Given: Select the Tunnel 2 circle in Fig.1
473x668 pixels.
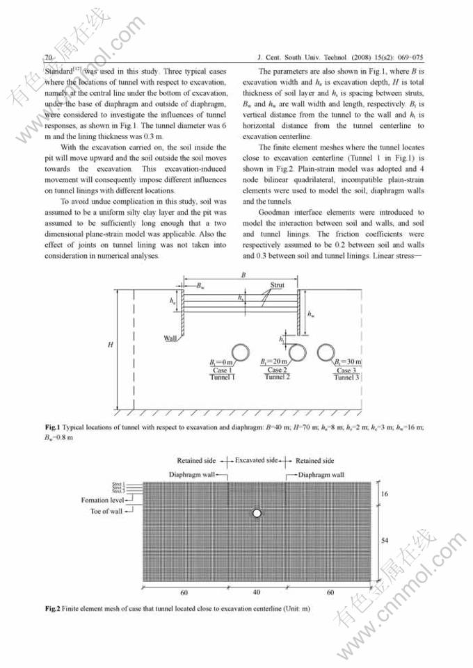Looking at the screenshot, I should [298, 351].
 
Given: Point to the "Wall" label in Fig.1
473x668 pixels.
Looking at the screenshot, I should [170, 338].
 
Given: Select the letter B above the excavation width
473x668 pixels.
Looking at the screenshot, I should [242, 275].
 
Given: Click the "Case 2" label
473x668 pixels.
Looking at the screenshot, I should [275, 370].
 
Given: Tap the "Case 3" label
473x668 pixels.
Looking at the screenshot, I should [344, 370].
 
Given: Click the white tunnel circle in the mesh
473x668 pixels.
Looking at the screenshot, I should [257, 513].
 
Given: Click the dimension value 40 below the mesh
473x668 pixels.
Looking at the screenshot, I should [257, 593].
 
